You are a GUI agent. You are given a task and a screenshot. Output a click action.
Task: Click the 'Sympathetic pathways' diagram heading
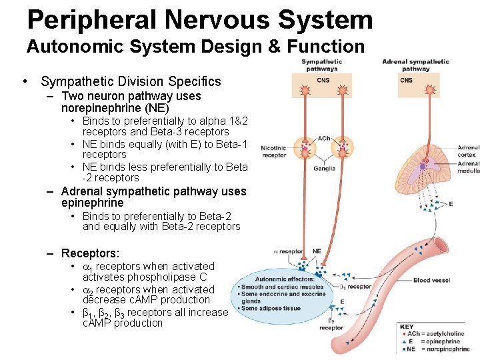(x=321, y=65)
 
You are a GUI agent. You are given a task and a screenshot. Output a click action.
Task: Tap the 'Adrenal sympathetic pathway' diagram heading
(x=415, y=65)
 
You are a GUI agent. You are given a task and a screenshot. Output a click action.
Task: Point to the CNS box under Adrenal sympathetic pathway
(x=406, y=81)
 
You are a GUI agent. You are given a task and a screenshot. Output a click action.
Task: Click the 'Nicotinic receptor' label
(x=273, y=150)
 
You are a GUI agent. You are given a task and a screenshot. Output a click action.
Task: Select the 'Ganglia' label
(x=325, y=168)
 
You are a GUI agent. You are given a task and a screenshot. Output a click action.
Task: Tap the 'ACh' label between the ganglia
(x=324, y=139)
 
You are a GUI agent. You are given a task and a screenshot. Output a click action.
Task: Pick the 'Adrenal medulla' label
(x=468, y=167)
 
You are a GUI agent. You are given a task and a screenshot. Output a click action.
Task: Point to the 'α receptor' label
(x=289, y=252)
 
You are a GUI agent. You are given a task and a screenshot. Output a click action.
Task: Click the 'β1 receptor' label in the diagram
(x=355, y=287)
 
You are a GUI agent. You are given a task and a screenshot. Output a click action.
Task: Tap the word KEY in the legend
(x=407, y=327)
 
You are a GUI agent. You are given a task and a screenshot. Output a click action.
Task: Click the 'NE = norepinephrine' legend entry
(x=439, y=349)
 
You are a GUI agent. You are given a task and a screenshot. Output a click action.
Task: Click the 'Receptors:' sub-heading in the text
(x=90, y=253)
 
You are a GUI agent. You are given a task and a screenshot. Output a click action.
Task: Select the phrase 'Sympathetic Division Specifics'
(x=131, y=81)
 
